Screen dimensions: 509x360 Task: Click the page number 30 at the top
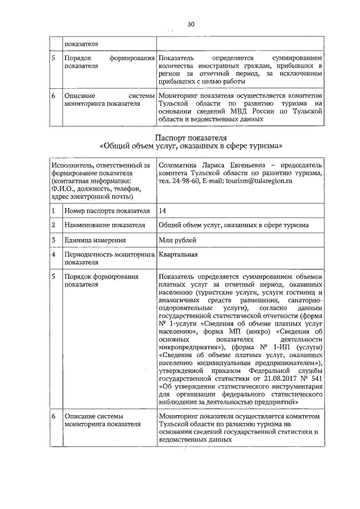coord(191,24)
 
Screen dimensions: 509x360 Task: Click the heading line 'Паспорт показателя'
coord(191,137)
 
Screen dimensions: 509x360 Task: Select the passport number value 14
coord(163,210)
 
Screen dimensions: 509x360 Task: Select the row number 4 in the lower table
coord(53,255)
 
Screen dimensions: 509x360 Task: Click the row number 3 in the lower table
coord(53,240)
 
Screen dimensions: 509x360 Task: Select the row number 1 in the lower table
coord(53,210)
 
